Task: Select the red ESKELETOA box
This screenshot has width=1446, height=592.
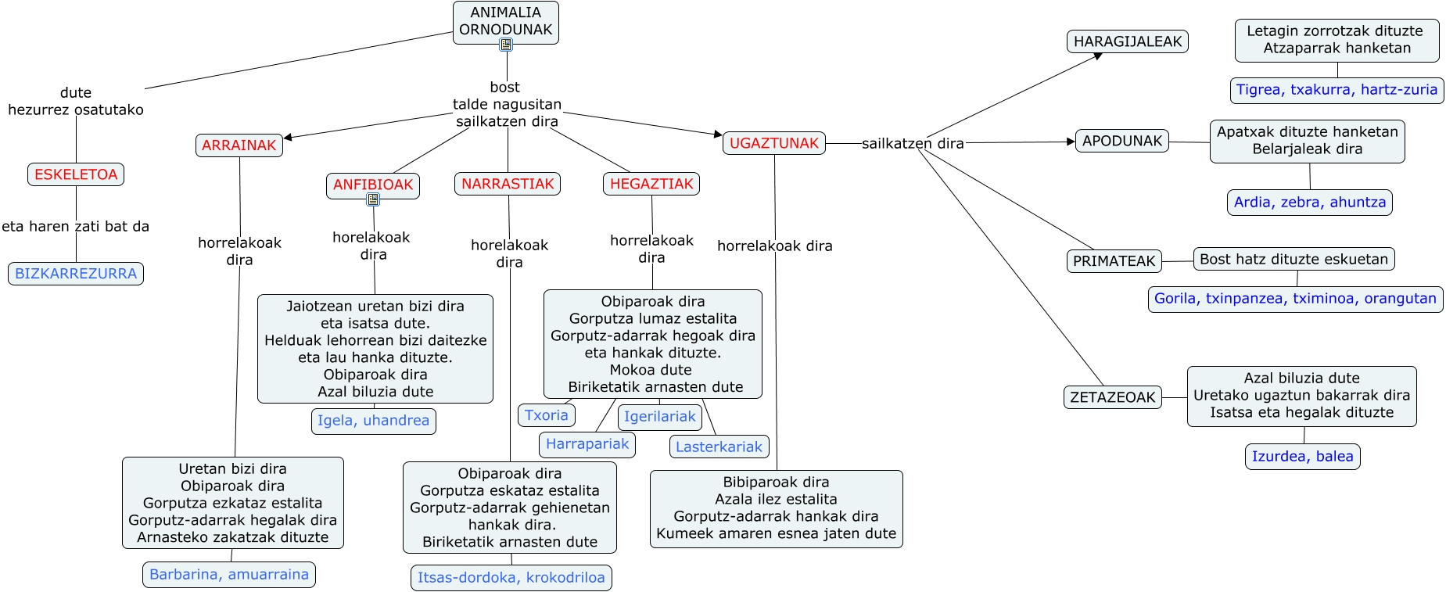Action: click(76, 174)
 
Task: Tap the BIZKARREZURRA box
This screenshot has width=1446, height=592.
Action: click(76, 274)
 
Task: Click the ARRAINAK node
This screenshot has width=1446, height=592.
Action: click(239, 145)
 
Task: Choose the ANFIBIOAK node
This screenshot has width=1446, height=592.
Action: click(373, 185)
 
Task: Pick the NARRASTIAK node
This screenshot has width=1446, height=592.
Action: click(508, 184)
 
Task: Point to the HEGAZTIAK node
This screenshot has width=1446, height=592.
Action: click(651, 184)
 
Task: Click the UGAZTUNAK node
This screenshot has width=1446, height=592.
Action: click(773, 143)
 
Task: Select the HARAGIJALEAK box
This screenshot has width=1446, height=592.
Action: click(1127, 41)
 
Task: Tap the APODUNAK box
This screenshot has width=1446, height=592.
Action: click(1122, 141)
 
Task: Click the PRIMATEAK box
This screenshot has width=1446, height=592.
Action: click(1114, 261)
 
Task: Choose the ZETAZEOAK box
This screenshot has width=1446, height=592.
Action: click(1112, 397)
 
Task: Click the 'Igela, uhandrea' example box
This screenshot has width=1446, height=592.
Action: click(373, 421)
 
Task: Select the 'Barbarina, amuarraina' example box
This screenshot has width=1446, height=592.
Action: click(228, 575)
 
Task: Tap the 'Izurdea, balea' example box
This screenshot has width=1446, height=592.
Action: click(1302, 457)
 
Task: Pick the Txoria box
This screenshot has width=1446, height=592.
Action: click(546, 415)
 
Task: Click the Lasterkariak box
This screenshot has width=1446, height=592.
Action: click(719, 447)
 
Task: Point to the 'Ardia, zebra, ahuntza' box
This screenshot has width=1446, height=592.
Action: click(1309, 203)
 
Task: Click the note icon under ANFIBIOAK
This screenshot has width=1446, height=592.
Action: click(373, 199)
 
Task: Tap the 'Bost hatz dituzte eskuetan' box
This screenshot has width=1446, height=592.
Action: click(1294, 259)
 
